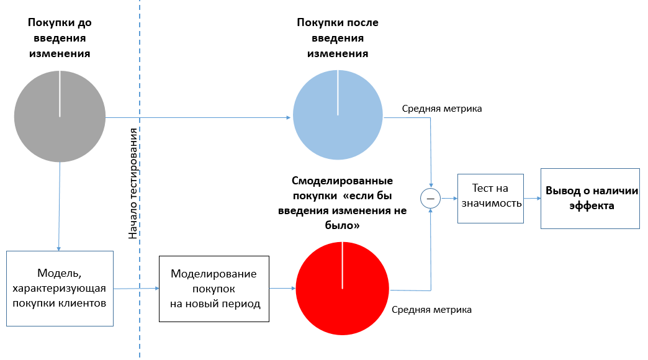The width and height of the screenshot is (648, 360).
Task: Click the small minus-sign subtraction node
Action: click(x=430, y=199)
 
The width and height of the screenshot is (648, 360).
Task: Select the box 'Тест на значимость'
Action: click(x=490, y=199)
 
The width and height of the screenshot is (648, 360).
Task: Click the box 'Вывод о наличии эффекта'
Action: click(x=590, y=199)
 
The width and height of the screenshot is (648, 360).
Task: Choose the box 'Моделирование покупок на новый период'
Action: click(x=214, y=289)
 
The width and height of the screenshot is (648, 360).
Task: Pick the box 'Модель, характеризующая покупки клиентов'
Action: click(x=60, y=289)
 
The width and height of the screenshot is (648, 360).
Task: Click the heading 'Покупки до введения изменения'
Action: click(x=60, y=38)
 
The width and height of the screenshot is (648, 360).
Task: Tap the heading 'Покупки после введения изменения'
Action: click(x=338, y=38)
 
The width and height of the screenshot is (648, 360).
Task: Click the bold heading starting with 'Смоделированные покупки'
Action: click(x=343, y=204)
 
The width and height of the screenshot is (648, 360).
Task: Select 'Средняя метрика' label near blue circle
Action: click(x=441, y=109)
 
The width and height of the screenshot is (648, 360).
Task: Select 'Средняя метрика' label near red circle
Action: click(x=431, y=309)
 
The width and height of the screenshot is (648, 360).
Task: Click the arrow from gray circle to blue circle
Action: click(x=199, y=117)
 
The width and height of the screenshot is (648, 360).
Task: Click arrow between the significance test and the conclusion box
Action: click(x=531, y=199)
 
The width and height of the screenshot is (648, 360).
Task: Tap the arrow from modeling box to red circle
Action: click(x=282, y=288)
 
